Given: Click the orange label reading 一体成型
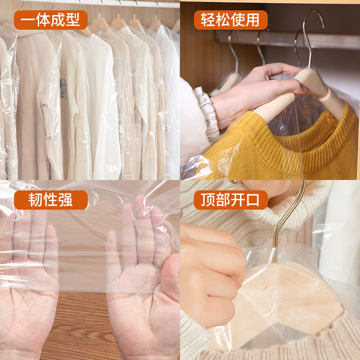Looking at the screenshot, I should (50, 20).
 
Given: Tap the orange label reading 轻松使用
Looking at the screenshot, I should (230, 20).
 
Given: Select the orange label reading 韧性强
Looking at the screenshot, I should (50, 200).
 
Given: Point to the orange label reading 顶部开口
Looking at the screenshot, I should (230, 200).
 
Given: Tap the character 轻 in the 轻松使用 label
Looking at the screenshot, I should (207, 20).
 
